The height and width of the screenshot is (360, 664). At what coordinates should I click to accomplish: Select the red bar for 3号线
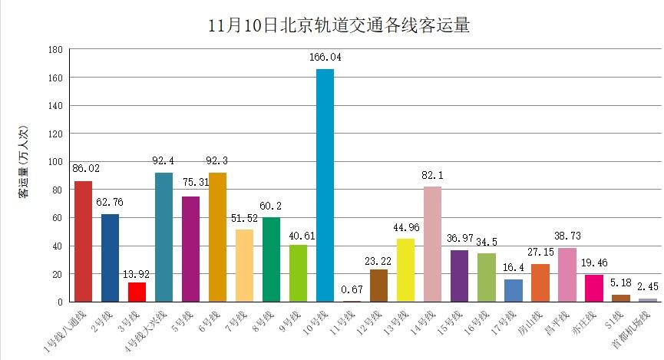137,292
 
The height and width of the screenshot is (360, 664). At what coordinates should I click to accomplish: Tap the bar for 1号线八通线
83,242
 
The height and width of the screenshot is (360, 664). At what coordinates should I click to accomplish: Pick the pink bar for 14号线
432,244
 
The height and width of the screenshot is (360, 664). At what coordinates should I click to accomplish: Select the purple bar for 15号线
459,276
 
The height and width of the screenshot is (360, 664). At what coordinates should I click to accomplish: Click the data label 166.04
325,58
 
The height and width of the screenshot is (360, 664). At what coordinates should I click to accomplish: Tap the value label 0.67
352,289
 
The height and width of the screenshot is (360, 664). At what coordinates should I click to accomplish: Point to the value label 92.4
164,161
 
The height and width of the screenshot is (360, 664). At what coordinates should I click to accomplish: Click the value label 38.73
567,236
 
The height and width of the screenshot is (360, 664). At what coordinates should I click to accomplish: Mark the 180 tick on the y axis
55,49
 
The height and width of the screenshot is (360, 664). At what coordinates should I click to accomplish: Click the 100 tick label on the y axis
55,162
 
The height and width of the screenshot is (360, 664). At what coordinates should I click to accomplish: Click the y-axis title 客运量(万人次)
25,174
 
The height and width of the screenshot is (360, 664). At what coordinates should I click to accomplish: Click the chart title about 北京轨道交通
339,25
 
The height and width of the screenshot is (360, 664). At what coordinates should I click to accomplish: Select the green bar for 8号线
271,259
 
